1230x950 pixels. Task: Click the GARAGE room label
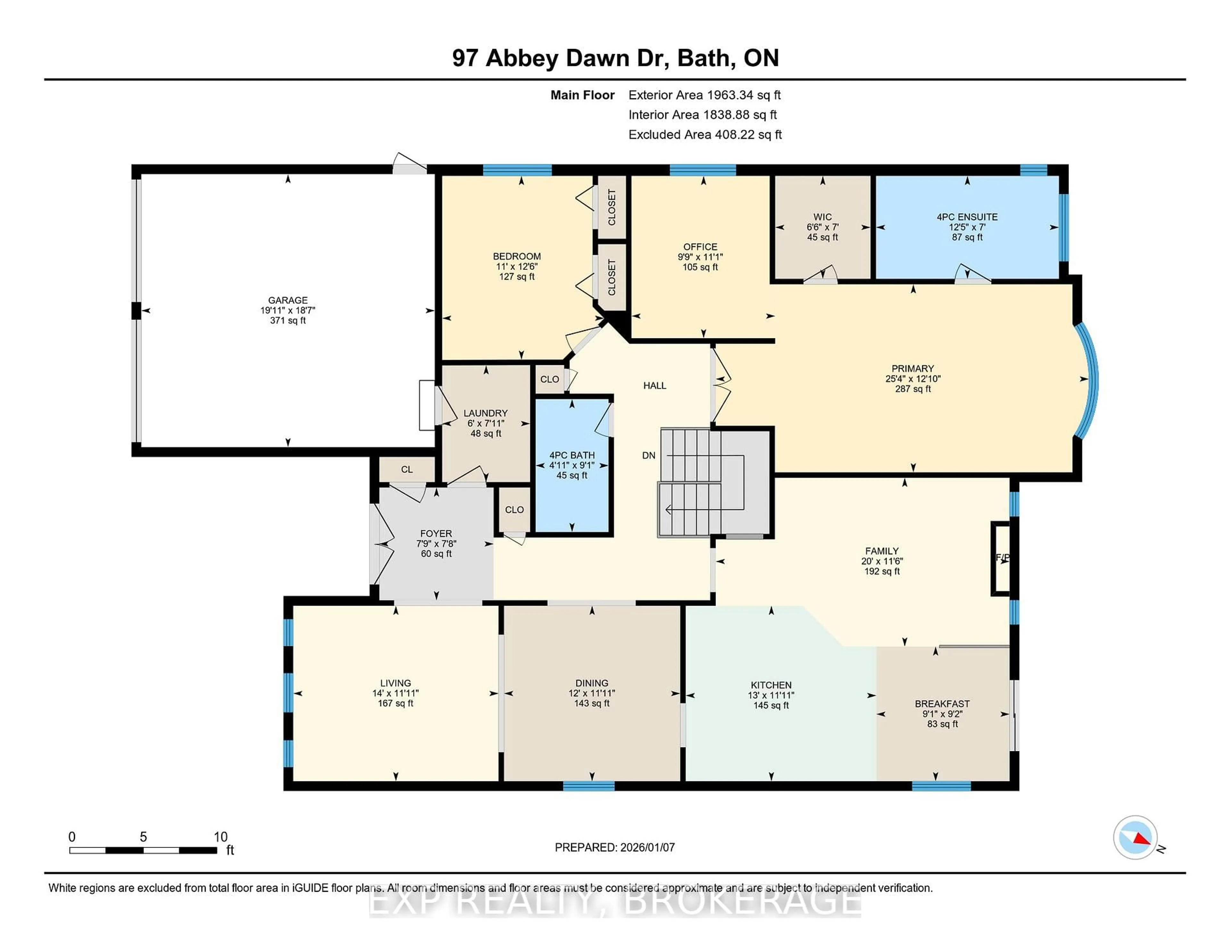[288, 300]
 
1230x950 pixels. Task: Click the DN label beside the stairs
[648, 455]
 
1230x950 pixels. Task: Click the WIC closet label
[822, 217]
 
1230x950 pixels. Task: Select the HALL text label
[654, 385]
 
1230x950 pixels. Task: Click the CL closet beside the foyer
[406, 469]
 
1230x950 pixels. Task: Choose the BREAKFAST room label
[942, 704]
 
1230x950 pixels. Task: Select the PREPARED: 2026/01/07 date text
[614, 847]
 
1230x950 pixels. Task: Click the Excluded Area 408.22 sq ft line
[705, 134]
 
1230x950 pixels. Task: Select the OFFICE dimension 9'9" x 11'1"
[700, 257]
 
